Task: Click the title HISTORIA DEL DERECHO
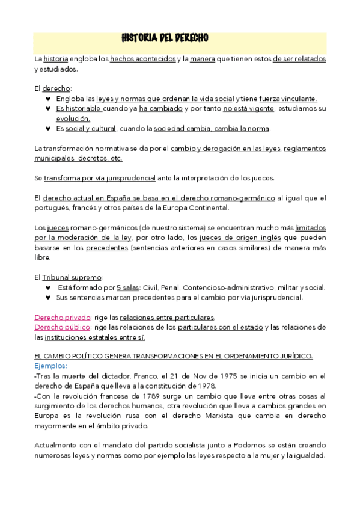click(x=165, y=38)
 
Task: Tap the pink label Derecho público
click(x=63, y=327)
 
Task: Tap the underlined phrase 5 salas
click(x=128, y=287)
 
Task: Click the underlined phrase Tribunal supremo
click(x=72, y=277)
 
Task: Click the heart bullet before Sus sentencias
click(x=48, y=297)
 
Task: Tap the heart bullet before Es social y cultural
click(x=48, y=129)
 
